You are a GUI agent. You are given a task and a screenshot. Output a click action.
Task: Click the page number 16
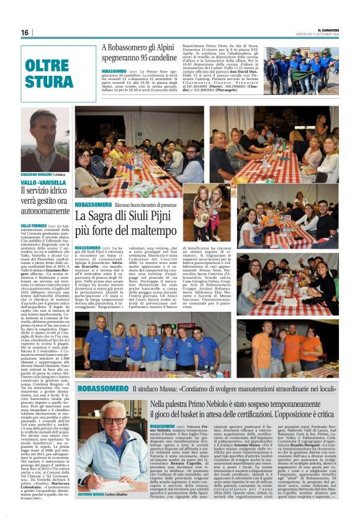25,32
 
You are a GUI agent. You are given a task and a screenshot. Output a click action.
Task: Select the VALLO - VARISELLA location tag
40,183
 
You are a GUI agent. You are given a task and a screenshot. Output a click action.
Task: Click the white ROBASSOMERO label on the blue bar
103,388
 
